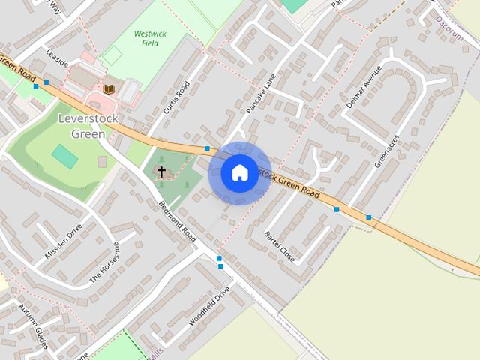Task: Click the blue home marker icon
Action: click(239, 173)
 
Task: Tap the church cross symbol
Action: click(161, 172)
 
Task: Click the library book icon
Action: click(109, 89)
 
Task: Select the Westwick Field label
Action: click(150, 39)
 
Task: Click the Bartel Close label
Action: click(280, 247)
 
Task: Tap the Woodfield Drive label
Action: click(208, 307)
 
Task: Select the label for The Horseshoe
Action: click(105, 262)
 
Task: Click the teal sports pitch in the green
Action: click(64, 157)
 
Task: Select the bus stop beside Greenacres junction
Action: click(368, 217)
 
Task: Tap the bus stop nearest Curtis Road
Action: click(207, 148)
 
